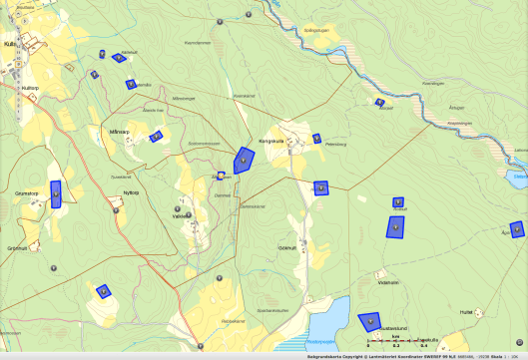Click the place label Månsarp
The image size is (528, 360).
(121, 131)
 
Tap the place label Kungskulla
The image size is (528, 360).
(272, 141)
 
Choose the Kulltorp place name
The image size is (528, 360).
(29, 88)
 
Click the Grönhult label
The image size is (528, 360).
(17, 248)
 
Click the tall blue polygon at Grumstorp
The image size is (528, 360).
(56, 193)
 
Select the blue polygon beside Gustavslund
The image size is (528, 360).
(369, 322)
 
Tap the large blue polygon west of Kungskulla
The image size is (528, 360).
(244, 159)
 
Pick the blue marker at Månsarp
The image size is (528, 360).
(156, 137)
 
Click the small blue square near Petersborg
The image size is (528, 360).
(316, 139)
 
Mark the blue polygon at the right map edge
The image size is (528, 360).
(516, 229)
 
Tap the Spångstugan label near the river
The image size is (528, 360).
(315, 31)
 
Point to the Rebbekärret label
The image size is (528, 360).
(234, 320)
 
